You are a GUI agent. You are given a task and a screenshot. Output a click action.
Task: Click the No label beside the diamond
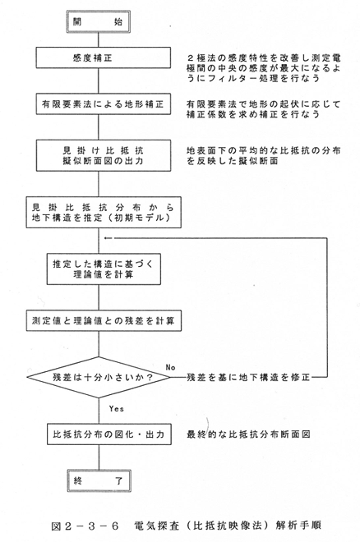pos(170,367)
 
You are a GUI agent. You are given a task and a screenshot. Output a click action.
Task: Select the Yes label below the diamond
pos(116,409)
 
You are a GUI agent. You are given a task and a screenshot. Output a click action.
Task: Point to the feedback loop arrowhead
pos(107,238)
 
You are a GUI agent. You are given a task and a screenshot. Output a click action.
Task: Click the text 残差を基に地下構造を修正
pos(248,377)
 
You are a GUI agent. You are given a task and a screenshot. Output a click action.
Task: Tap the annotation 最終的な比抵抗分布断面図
pos(248,434)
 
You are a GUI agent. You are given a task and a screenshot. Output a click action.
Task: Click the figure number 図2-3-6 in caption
pos(85,526)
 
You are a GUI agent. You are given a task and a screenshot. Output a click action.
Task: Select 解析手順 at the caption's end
pos(298,526)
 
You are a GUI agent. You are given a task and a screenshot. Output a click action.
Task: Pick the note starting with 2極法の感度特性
pos(264,67)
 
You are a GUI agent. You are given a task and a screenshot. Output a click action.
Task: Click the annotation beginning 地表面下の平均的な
pos(264,155)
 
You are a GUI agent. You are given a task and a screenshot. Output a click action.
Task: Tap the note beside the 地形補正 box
pos(264,109)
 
